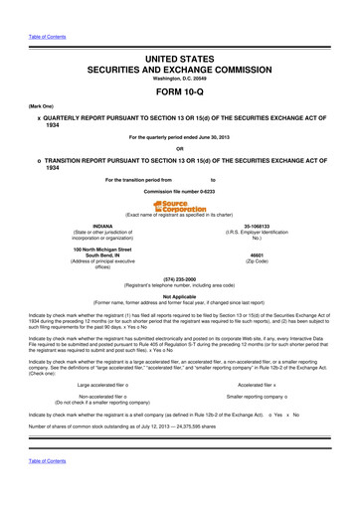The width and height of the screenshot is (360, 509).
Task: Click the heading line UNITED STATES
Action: click(x=180, y=34)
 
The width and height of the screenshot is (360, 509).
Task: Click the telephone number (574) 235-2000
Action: click(x=180, y=279)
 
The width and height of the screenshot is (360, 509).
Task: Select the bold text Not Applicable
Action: click(x=180, y=296)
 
